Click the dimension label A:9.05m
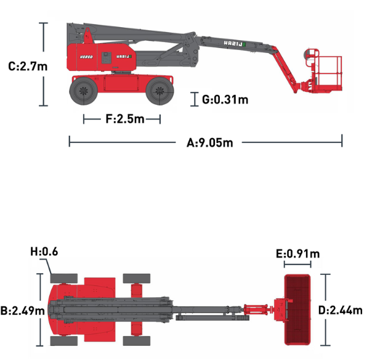(209, 142)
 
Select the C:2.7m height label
(28, 66)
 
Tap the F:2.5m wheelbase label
(125, 119)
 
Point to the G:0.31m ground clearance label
(225, 99)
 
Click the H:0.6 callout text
(44, 252)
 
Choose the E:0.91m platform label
(298, 254)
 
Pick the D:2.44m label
(340, 310)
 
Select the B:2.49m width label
(23, 311)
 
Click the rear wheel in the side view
(84, 91)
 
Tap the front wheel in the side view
(160, 91)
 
